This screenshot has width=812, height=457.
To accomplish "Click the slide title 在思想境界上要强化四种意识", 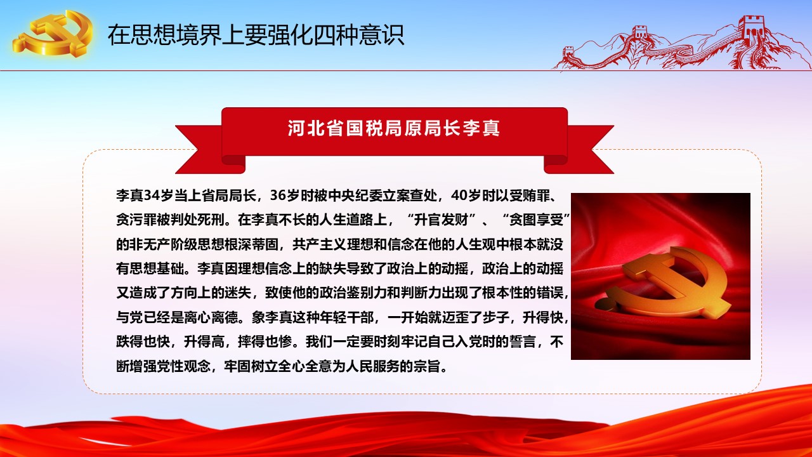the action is pyautogui.click(x=256, y=35).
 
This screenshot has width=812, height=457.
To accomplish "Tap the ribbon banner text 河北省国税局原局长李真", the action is pyautogui.click(x=394, y=128).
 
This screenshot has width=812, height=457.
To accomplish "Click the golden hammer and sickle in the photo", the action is pyautogui.click(x=663, y=283).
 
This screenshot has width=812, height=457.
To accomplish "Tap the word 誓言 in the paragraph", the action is pyautogui.click(x=522, y=342).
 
